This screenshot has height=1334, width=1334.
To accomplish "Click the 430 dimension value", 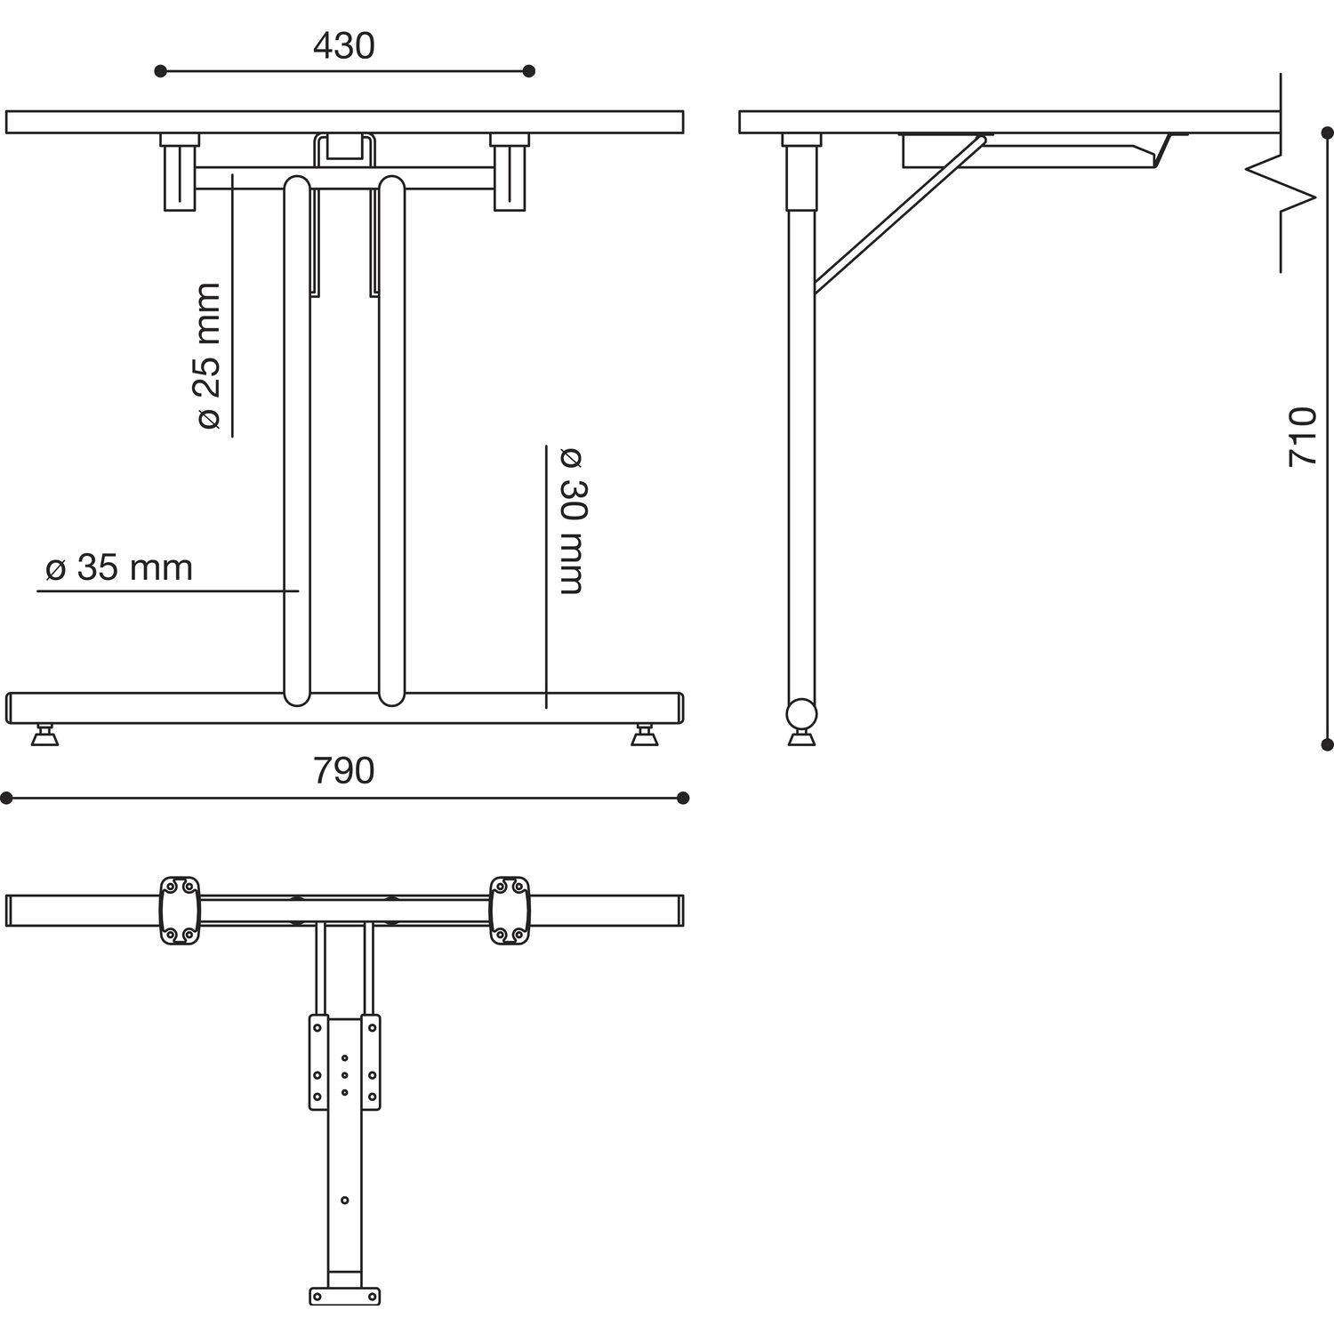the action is (x=343, y=45).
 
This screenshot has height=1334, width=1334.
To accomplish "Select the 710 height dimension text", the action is (x=1302, y=436).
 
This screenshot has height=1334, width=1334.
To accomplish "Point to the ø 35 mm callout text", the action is (x=119, y=567).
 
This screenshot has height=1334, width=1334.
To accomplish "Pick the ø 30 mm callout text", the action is (x=571, y=521).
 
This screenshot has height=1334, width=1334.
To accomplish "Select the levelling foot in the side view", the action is (x=801, y=736).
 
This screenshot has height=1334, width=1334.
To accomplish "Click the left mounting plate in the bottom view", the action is (x=180, y=910).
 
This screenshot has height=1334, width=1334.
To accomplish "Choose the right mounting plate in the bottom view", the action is (x=510, y=910).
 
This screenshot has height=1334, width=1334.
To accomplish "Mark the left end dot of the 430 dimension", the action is (x=160, y=71).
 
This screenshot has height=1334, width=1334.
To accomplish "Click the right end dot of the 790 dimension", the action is (x=683, y=798).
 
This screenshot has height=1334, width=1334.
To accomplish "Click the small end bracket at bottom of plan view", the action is (x=345, y=1296).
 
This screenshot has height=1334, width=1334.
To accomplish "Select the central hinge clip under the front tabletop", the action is (x=344, y=150).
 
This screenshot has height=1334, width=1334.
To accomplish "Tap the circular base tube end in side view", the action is (x=801, y=713).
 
